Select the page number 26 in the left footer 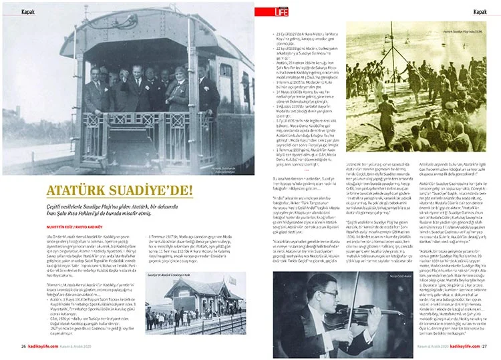coord(23,346)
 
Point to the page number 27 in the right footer coord(485,346)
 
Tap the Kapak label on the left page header coord(28,12)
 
